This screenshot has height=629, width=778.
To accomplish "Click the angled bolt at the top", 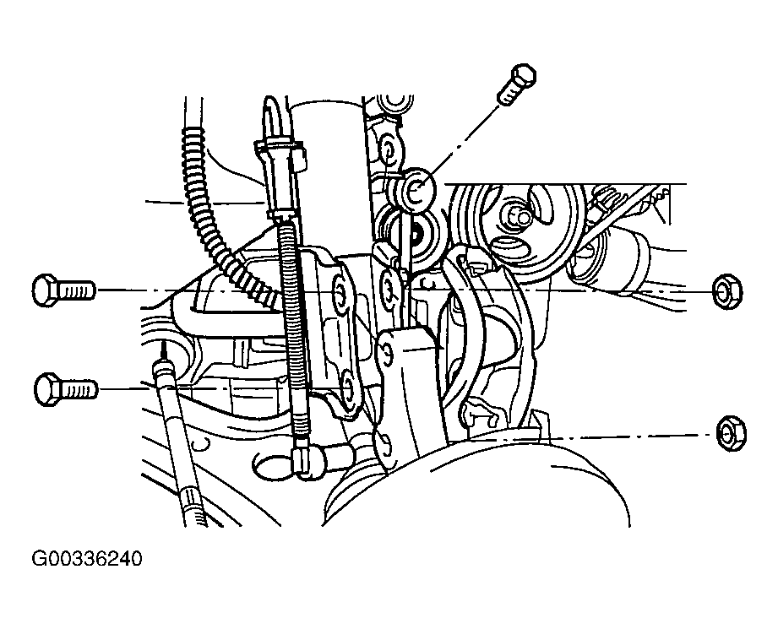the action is click(x=517, y=84).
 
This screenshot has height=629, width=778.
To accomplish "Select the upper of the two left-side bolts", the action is click(x=63, y=290).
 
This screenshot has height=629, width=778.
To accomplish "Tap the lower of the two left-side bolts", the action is click(x=66, y=388).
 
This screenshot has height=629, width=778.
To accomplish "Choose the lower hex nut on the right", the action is click(x=732, y=434).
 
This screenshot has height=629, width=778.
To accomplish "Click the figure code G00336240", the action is click(x=87, y=559).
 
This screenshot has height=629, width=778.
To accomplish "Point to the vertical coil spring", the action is click(x=294, y=328).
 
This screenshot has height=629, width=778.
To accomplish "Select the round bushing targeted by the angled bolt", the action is click(x=416, y=188).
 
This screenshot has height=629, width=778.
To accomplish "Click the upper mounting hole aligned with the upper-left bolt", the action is click(x=340, y=294).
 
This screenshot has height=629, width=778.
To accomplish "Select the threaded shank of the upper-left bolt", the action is click(x=77, y=290).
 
